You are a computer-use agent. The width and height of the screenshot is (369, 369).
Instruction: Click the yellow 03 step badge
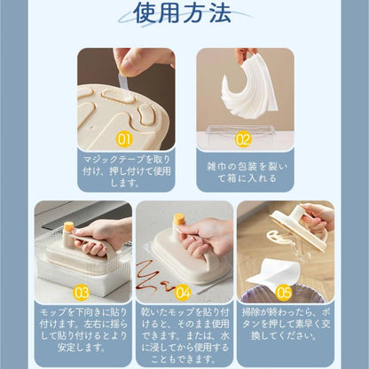[x=81, y=292]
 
